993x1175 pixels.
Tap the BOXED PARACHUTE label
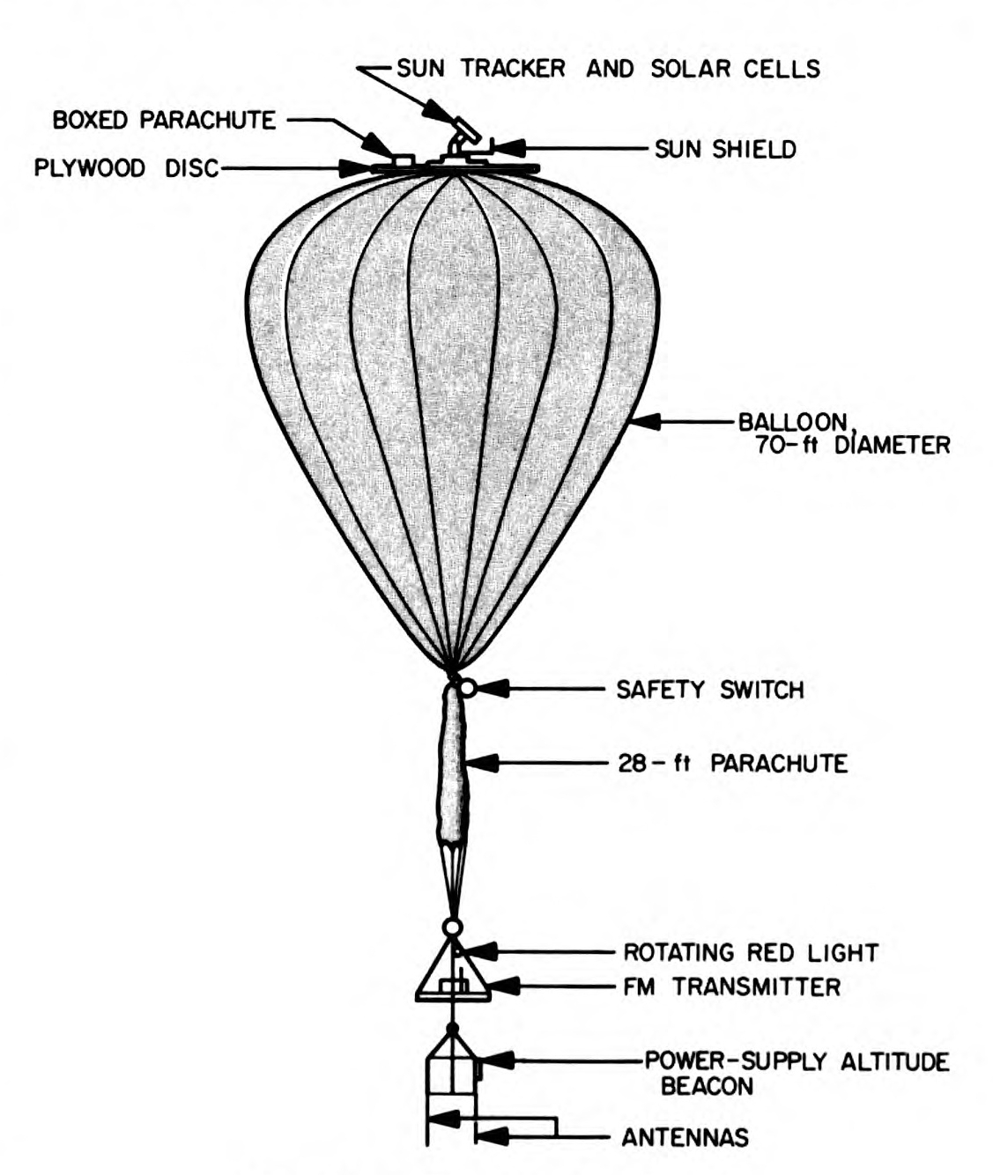tap(165, 119)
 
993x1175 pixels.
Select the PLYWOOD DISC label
tap(126, 167)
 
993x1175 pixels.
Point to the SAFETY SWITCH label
tap(709, 689)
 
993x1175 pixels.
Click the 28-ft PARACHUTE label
tap(731, 763)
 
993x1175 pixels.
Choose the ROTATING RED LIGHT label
tap(751, 952)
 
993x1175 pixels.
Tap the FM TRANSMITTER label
tap(731, 987)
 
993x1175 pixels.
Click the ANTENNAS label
tap(685, 1137)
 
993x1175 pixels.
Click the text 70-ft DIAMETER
tap(852, 444)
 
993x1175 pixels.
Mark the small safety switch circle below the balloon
tap(468, 688)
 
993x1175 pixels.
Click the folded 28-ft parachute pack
tap(454, 766)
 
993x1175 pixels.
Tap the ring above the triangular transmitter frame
tap(452, 927)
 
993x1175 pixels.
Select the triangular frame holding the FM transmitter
tap(452, 978)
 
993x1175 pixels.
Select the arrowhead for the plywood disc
tap(358, 167)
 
